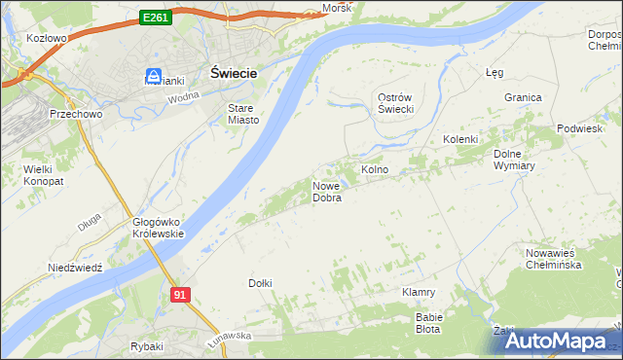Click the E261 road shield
coord(155,17)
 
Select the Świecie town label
coord(234,72)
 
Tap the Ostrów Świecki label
coord(396,102)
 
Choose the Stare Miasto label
coord(243,114)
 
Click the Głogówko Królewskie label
coord(159,228)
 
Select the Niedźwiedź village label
coord(75,268)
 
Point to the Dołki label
coord(260,282)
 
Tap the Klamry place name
coord(418,291)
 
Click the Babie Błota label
coord(429,323)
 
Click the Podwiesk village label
coord(580,128)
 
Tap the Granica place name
coord(523,97)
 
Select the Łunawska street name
coord(229,335)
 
